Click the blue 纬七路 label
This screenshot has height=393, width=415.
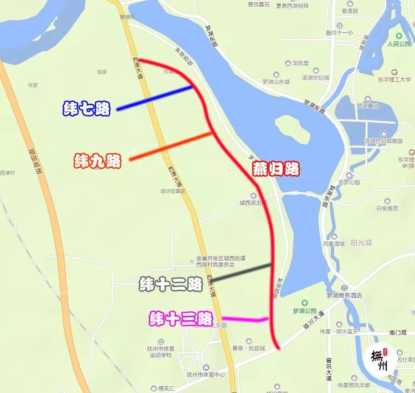87,109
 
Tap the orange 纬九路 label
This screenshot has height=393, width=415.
97,161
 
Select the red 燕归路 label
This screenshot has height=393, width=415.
276,169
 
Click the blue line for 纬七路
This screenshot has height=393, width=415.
155,98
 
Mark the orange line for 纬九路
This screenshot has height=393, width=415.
171,146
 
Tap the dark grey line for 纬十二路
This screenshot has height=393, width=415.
241,272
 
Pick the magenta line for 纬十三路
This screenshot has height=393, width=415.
244,319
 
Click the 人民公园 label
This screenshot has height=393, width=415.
399,45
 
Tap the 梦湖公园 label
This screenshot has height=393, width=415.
305,311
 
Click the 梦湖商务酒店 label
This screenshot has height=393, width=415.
344,295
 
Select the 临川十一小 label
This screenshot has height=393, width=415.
339,33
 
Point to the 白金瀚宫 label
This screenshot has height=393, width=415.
387,208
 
